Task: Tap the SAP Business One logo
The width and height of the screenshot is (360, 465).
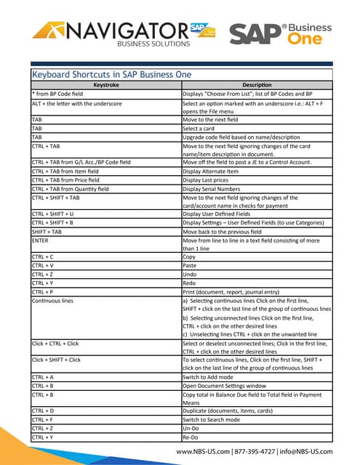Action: point(281,33)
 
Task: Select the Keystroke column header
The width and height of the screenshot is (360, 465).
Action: point(105,85)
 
